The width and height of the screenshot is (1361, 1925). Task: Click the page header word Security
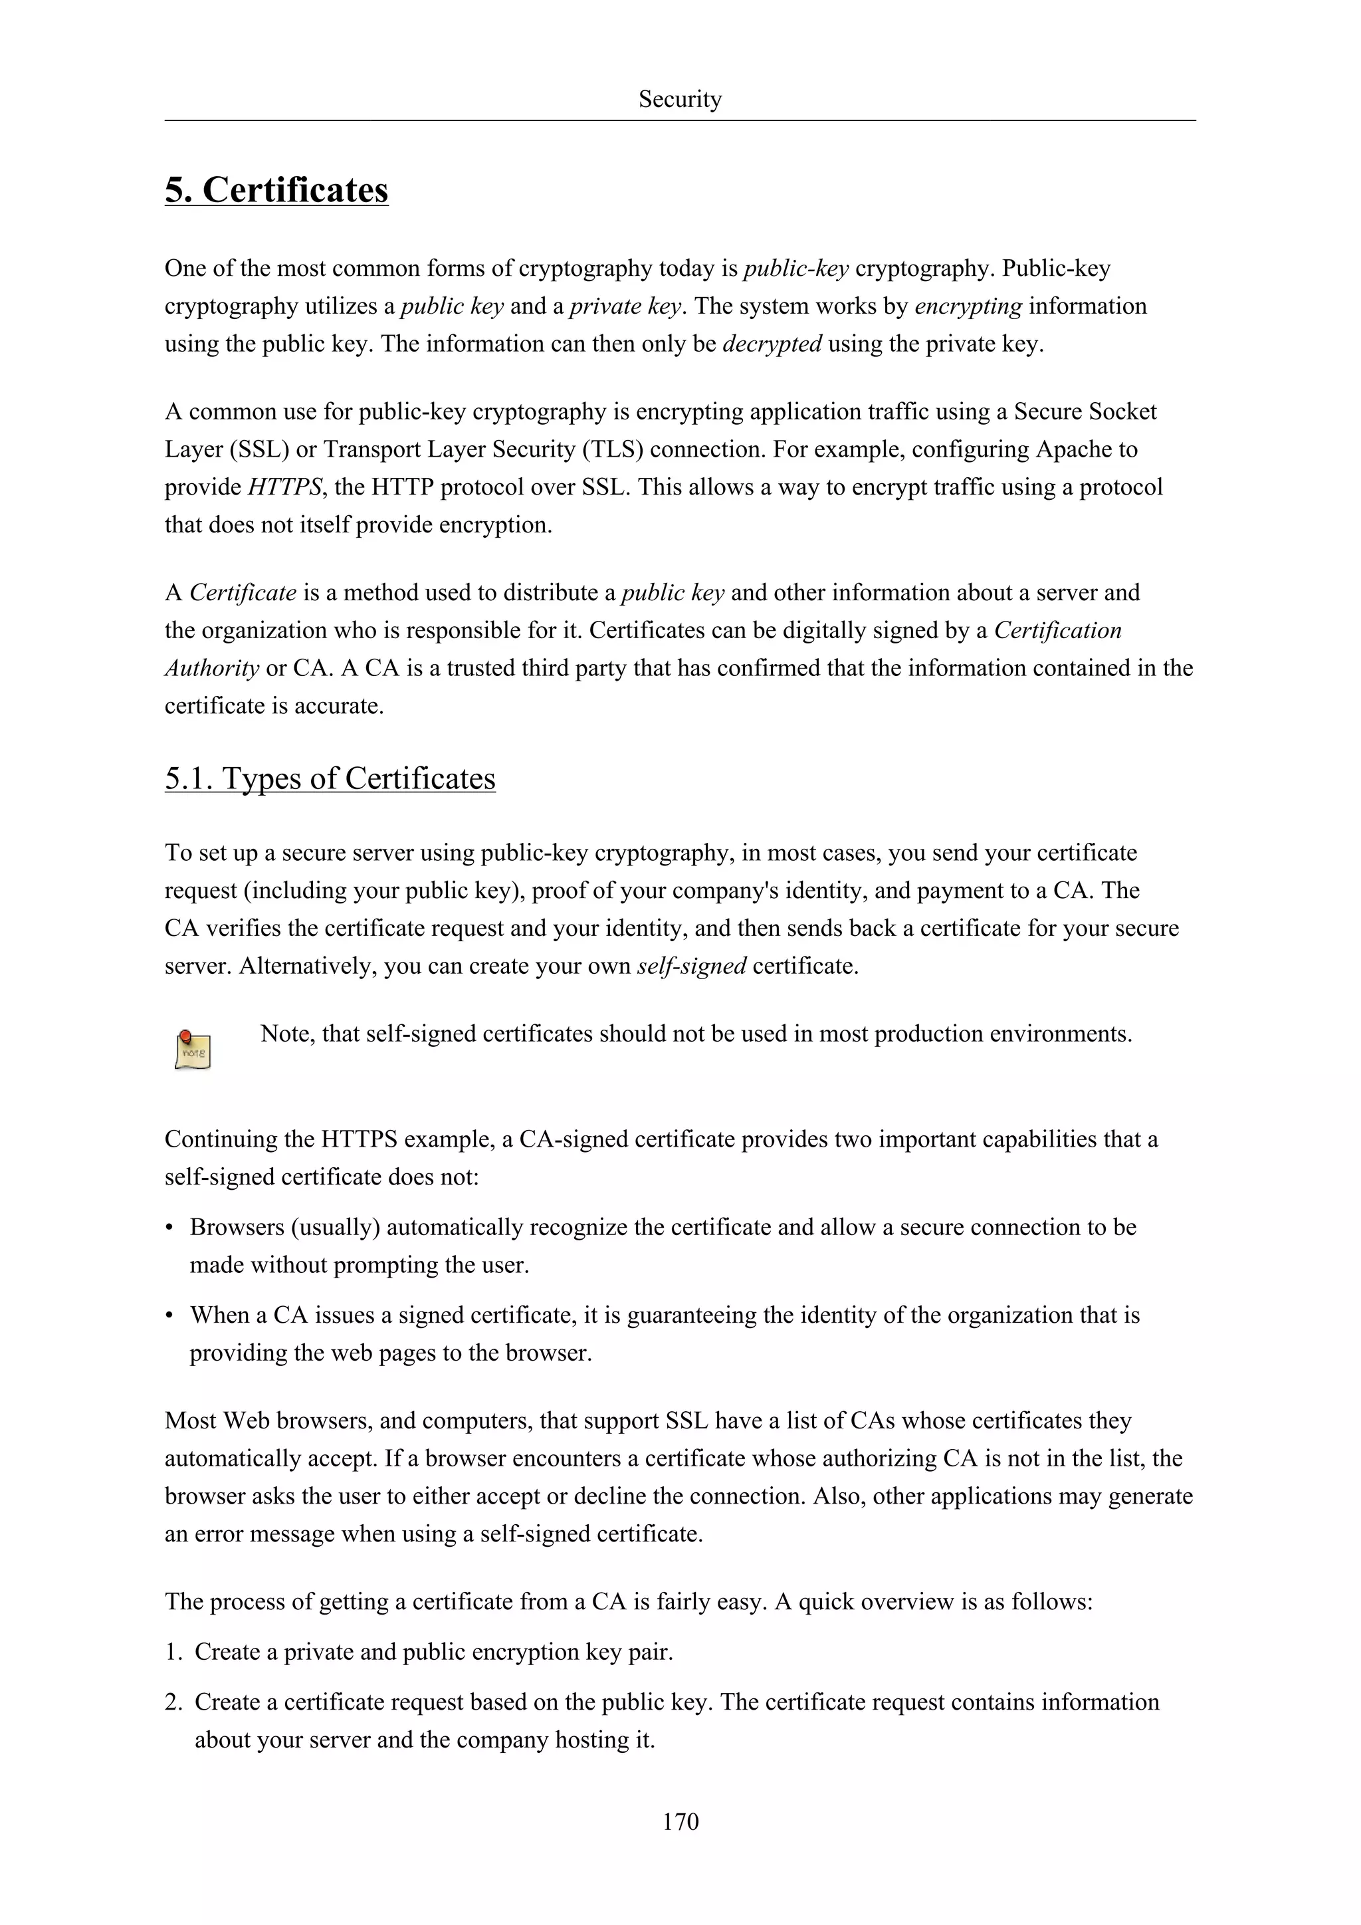pos(680,99)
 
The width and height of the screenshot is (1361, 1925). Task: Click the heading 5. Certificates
pos(276,189)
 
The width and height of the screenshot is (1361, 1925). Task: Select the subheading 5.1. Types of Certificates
pos(330,778)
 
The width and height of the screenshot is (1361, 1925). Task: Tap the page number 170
pos(680,1821)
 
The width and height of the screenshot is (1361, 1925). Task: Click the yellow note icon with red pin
pos(193,1050)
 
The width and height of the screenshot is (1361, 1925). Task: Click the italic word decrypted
pos(771,344)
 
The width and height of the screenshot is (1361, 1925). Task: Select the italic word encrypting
pos(968,306)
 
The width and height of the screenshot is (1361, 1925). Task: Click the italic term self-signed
pos(691,966)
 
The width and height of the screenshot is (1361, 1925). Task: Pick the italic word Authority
pos(211,668)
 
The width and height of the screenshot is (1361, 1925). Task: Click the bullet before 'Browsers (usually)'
pos(169,1228)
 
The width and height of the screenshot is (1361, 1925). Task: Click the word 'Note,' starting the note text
pos(288,1034)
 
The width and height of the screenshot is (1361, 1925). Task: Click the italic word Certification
pos(1057,631)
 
